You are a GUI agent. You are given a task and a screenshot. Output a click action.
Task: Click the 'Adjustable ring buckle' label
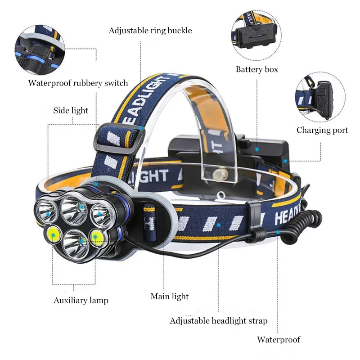click(x=150, y=31)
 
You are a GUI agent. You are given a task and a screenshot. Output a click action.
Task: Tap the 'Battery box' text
click(x=256, y=69)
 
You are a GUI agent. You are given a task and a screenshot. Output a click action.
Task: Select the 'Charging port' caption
click(x=322, y=130)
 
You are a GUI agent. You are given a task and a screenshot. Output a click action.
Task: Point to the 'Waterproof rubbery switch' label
click(x=78, y=83)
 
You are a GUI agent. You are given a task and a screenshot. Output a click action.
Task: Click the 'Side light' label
click(x=71, y=110)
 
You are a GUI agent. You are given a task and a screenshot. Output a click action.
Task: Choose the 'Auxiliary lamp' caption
click(x=81, y=300)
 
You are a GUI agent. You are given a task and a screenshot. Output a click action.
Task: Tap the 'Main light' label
click(x=169, y=296)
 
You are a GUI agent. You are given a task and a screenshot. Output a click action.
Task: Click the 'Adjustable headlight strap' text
click(x=218, y=321)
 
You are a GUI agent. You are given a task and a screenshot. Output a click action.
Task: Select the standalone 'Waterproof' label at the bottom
click(x=278, y=340)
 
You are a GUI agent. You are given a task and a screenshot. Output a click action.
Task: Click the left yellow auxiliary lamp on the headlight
click(x=54, y=234)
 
